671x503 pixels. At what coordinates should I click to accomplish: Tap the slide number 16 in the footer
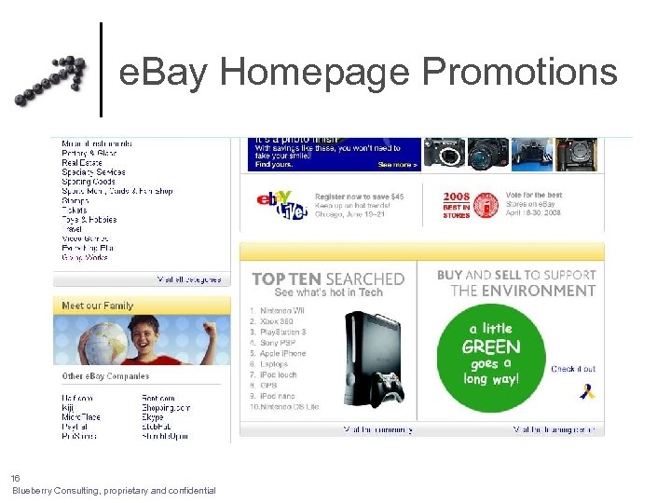click(16, 478)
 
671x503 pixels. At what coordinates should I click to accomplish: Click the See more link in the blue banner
click(397, 165)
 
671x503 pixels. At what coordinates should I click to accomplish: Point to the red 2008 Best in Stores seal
click(484, 206)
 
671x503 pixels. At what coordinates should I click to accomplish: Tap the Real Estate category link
click(82, 163)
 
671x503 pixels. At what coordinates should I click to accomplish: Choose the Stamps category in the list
click(75, 200)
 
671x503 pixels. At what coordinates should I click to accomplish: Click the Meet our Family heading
click(97, 306)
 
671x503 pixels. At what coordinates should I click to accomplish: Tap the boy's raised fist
click(211, 327)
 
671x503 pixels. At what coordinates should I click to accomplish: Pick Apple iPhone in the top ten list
click(284, 354)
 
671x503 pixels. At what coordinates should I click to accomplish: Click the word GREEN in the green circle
click(491, 347)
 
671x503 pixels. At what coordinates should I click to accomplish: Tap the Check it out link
click(573, 369)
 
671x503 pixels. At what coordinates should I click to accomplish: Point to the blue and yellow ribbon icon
click(586, 390)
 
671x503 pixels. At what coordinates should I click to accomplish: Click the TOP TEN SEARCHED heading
click(328, 279)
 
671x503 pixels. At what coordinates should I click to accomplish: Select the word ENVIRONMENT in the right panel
click(523, 291)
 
